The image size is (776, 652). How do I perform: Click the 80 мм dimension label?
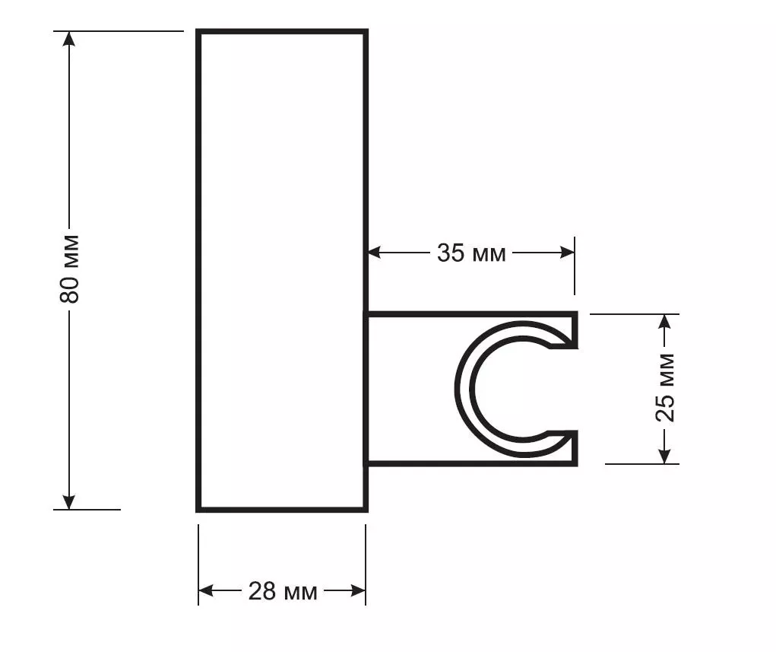click(69, 269)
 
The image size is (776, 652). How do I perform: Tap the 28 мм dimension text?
click(283, 591)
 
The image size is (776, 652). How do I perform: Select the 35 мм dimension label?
click(471, 253)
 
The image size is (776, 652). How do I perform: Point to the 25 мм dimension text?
click(664, 387)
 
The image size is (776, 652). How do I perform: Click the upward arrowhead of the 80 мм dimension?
click(69, 39)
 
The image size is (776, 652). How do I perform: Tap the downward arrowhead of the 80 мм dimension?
click(69, 501)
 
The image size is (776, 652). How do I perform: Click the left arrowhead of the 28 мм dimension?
click(207, 590)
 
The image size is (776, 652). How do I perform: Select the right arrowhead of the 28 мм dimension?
click(358, 590)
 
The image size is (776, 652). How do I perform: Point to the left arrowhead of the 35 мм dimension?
click(375, 253)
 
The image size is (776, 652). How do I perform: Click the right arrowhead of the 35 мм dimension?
click(566, 253)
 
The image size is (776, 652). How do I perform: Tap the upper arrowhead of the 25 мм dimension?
click(665, 322)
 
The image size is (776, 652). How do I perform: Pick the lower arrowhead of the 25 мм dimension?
click(665, 456)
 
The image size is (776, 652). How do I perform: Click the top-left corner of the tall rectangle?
click(198, 31)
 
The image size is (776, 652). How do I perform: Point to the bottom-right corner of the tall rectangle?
click(366, 510)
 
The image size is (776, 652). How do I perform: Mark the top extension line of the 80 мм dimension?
click(119, 30)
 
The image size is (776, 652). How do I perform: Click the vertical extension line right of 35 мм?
click(575, 266)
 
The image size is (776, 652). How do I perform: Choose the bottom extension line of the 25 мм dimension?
click(642, 464)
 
